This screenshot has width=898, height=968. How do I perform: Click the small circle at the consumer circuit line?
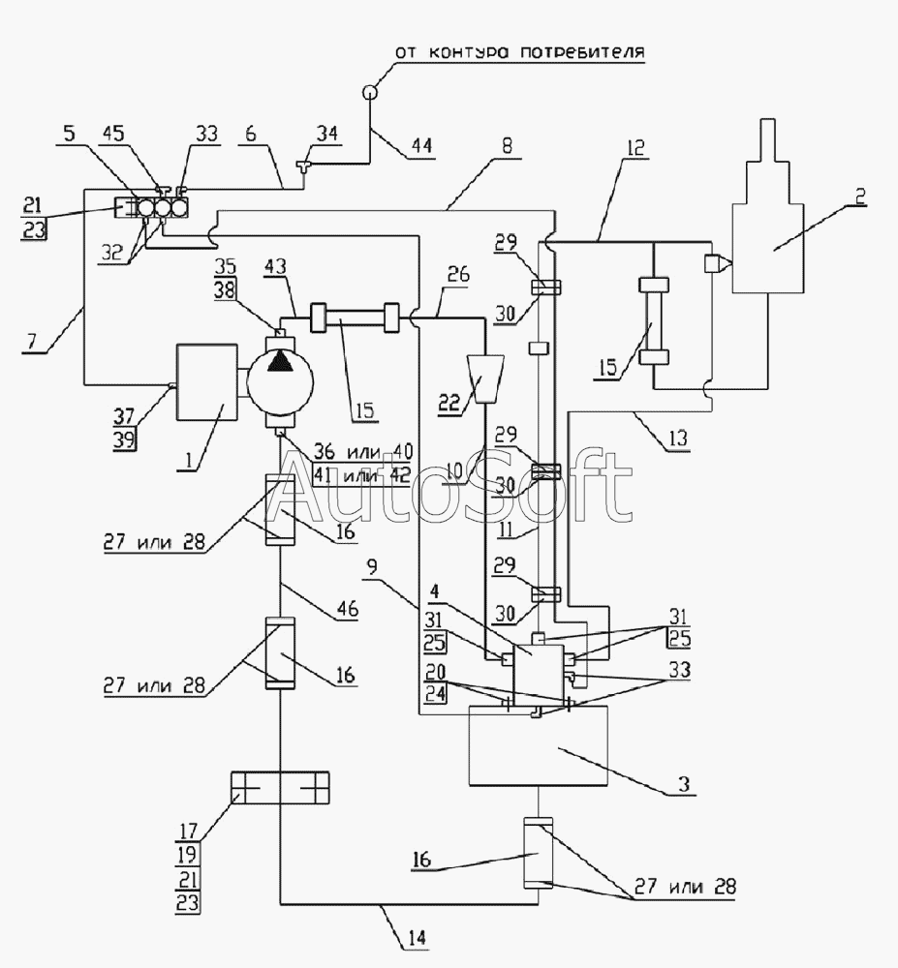[370, 91]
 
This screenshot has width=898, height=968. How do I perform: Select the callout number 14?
[417, 938]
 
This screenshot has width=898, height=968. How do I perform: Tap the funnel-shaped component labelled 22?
[483, 378]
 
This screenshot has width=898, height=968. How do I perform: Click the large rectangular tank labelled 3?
[539, 745]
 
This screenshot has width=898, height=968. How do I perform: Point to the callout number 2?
[859, 197]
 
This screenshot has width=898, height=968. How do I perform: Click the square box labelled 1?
[207, 382]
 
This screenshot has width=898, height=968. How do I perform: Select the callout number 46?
[348, 608]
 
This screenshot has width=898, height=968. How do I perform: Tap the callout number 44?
[420, 146]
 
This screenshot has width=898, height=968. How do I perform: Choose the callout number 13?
[677, 439]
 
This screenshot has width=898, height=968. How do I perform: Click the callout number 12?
[635, 147]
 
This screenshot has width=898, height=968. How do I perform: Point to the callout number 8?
[507, 146]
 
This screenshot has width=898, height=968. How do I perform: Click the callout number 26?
[457, 274]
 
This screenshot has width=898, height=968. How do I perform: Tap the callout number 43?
[275, 267]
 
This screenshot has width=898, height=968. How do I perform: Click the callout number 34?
[328, 134]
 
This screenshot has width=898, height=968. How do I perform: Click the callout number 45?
[112, 133]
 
